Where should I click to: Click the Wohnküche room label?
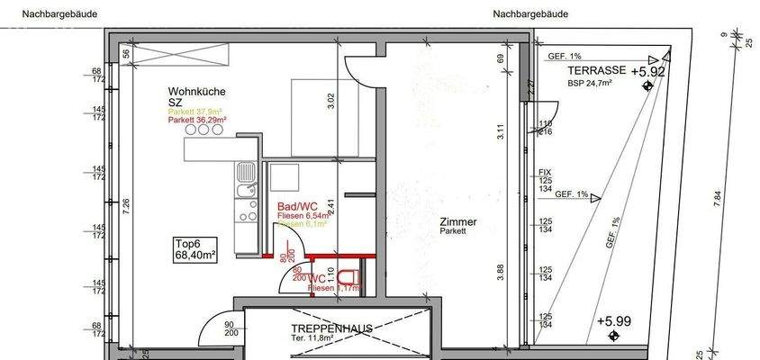(196, 92)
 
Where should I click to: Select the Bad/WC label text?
(297, 206)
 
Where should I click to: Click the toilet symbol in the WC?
(348, 276)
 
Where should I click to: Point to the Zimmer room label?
(458, 222)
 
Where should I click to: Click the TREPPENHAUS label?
(331, 328)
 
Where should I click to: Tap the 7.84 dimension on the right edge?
(717, 200)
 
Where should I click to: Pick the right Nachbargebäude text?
(530, 14)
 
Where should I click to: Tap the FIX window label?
(544, 172)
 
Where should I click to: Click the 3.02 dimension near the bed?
(330, 99)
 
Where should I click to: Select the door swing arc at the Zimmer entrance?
(358, 66)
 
